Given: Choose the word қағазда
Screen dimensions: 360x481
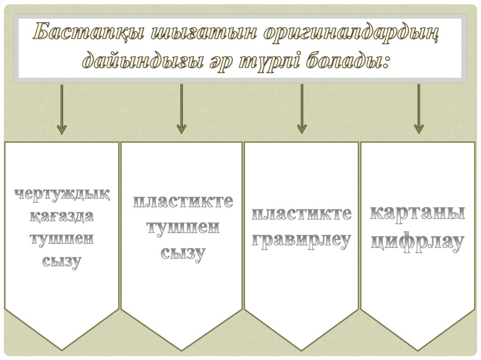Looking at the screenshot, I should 62,217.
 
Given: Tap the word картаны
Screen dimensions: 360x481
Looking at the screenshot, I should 419,214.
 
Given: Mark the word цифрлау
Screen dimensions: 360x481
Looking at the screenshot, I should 419,241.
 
